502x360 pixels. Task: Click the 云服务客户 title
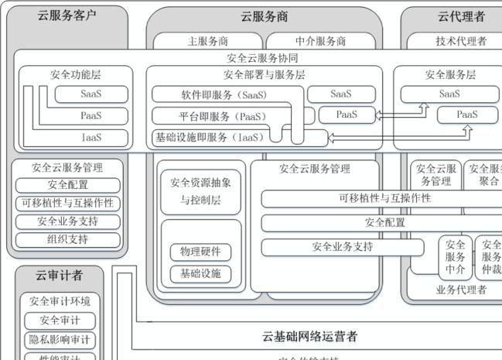[67, 15]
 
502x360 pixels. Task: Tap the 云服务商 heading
[265, 16]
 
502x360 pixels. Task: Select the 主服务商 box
[207, 41]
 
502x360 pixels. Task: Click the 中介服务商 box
[320, 41]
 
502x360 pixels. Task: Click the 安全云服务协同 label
[262, 58]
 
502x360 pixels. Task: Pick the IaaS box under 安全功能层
[91, 137]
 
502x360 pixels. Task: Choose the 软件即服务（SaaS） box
[224, 94]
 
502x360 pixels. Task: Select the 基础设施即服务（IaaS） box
[209, 137]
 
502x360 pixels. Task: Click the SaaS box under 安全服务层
[449, 94]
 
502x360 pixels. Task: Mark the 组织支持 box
[68, 239]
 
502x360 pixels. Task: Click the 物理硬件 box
[200, 252]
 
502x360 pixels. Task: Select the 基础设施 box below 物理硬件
[200, 273]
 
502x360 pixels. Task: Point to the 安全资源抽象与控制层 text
[200, 190]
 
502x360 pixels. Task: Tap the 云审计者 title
[59, 275]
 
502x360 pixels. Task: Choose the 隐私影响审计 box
[60, 340]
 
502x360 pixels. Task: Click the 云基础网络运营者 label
[309, 336]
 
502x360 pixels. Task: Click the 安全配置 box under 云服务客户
[68, 185]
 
